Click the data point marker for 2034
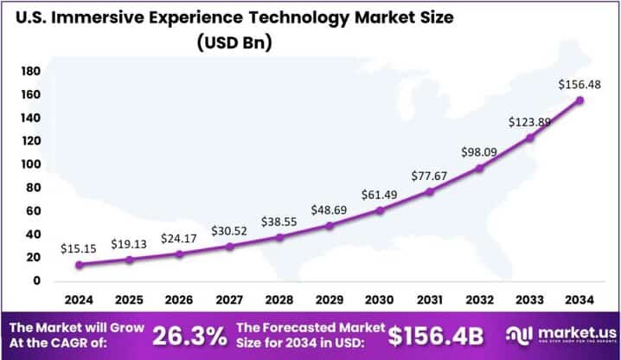click(579, 100)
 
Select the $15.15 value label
click(79, 248)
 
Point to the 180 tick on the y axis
click(30, 71)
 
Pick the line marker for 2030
click(380, 210)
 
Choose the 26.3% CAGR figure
click(191, 334)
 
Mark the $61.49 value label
click(379, 194)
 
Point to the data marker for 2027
click(229, 247)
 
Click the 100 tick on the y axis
click(30, 164)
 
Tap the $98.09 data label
click(479, 152)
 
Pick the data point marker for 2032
click(480, 168)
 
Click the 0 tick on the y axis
click(35, 281)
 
